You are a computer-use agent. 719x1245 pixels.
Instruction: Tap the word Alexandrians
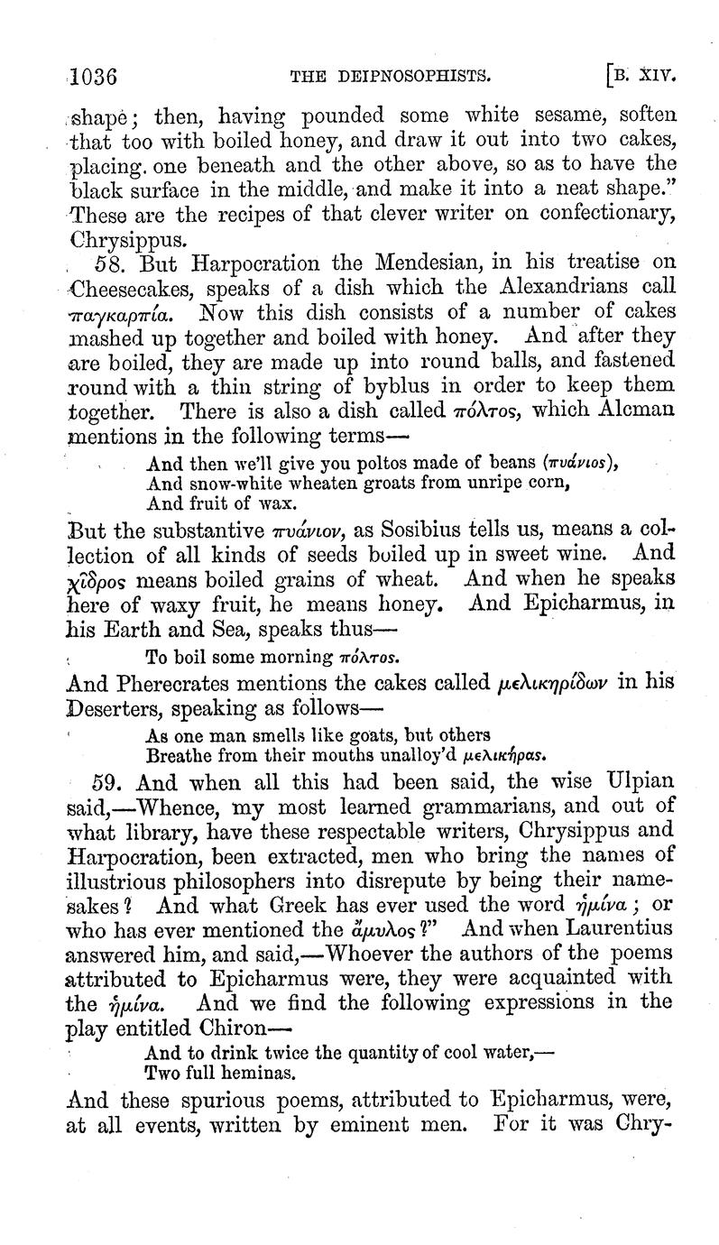pos(554,289)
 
